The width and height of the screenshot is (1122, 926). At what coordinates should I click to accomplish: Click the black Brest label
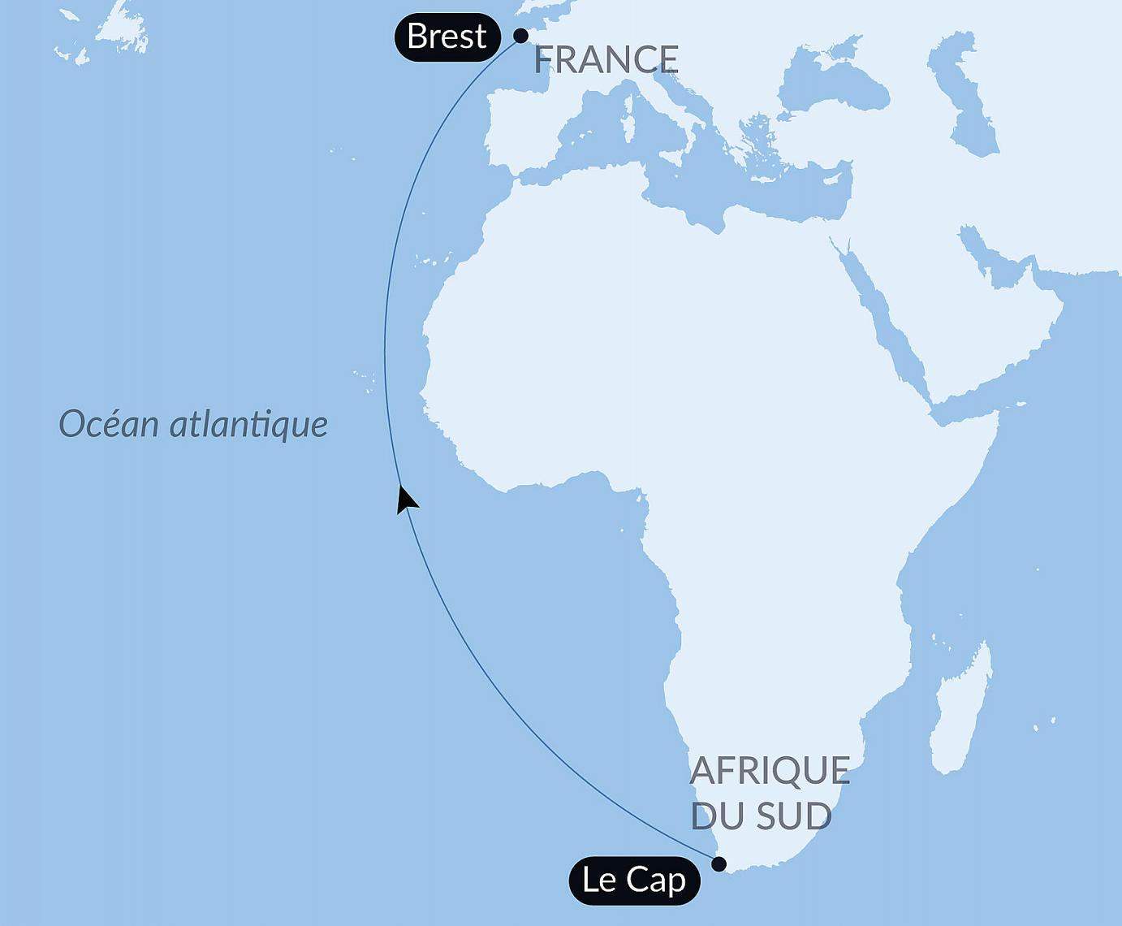click(447, 37)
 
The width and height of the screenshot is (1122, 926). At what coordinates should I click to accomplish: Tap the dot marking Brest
click(520, 36)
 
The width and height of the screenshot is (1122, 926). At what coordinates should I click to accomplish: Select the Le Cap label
click(634, 880)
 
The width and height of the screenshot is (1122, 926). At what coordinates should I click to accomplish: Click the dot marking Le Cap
click(719, 863)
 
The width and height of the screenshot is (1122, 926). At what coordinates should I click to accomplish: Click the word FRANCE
click(606, 59)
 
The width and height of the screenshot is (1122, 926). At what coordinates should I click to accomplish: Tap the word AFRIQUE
click(769, 770)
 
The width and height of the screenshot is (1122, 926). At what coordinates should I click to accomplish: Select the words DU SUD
click(761, 816)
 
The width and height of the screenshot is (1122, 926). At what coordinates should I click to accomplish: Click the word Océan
click(109, 423)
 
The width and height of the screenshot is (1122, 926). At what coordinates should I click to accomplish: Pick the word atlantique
click(248, 424)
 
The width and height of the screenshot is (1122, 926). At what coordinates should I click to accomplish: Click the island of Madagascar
click(962, 707)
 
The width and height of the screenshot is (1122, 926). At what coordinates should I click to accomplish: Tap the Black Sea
click(836, 85)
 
